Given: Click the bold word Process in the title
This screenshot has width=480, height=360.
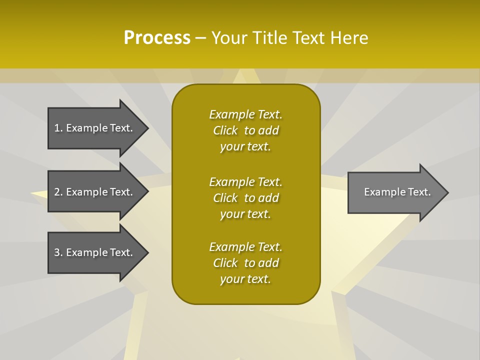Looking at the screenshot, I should (x=157, y=37).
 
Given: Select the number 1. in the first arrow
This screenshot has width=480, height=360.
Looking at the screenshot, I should (x=58, y=128).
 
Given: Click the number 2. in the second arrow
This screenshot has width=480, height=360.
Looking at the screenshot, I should (x=58, y=192).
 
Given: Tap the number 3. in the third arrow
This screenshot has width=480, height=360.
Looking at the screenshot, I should (x=58, y=252).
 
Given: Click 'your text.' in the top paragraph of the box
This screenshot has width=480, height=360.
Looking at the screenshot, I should (x=245, y=147).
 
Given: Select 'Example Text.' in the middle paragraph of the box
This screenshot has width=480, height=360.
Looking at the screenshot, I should (x=245, y=181).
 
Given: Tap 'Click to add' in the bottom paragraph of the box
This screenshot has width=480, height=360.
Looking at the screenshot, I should (x=245, y=263).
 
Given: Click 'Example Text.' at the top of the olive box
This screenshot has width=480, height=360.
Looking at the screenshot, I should (x=245, y=114).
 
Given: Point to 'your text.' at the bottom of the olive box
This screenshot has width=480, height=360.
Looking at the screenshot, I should (x=245, y=279).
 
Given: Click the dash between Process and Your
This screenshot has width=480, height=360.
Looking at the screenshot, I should (x=200, y=38).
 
